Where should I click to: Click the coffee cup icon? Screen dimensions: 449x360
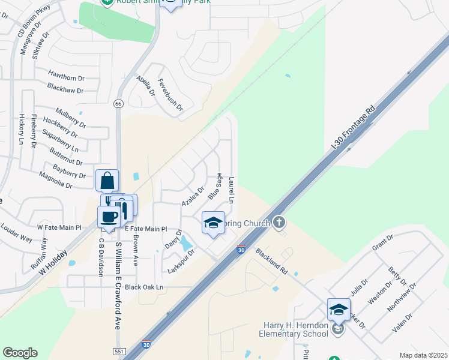pyautogui.click(x=109, y=217)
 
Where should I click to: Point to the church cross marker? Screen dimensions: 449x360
pyautogui.click(x=279, y=223)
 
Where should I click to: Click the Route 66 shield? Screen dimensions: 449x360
pyautogui.click(x=119, y=104)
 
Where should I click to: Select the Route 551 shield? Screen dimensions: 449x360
pyautogui.click(x=119, y=351)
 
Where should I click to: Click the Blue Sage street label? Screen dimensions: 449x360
pyautogui.click(x=215, y=187)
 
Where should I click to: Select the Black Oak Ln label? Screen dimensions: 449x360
pyautogui.click(x=144, y=287)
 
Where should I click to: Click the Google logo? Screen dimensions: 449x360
pyautogui.click(x=20, y=352)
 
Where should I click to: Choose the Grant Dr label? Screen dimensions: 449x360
pyautogui.click(x=382, y=243)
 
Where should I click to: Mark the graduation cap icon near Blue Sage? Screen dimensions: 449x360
pyautogui.click(x=213, y=223)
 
